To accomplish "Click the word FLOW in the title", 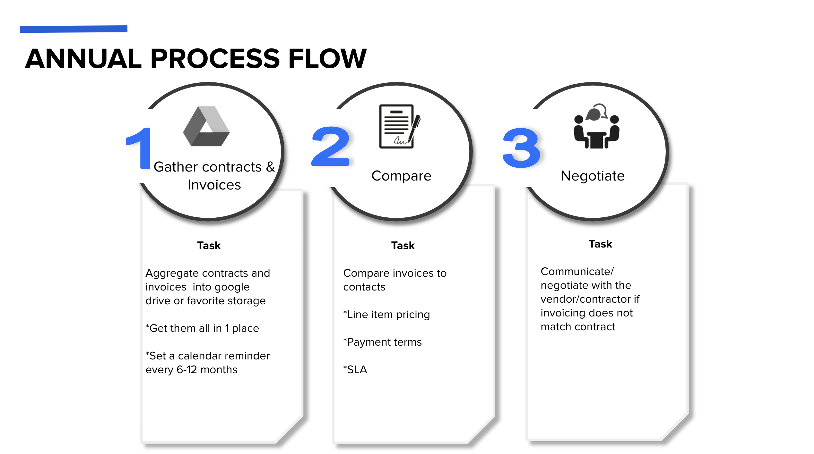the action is click(327, 58).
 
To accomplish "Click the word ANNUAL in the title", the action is click(83, 58).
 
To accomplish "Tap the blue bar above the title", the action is click(74, 29).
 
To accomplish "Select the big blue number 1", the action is click(139, 148).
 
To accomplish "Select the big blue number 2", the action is click(331, 146).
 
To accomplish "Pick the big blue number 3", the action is click(522, 147).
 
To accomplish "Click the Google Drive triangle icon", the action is click(206, 126).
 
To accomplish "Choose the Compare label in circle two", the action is click(401, 176).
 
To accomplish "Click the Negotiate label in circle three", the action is click(593, 176).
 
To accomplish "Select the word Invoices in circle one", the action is click(214, 185).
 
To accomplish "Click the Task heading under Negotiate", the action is click(600, 244).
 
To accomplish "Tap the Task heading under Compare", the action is click(403, 246).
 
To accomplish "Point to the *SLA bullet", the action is click(355, 369).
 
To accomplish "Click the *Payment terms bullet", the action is click(382, 342).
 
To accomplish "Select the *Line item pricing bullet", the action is click(386, 315).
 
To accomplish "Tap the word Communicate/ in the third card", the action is click(577, 272).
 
